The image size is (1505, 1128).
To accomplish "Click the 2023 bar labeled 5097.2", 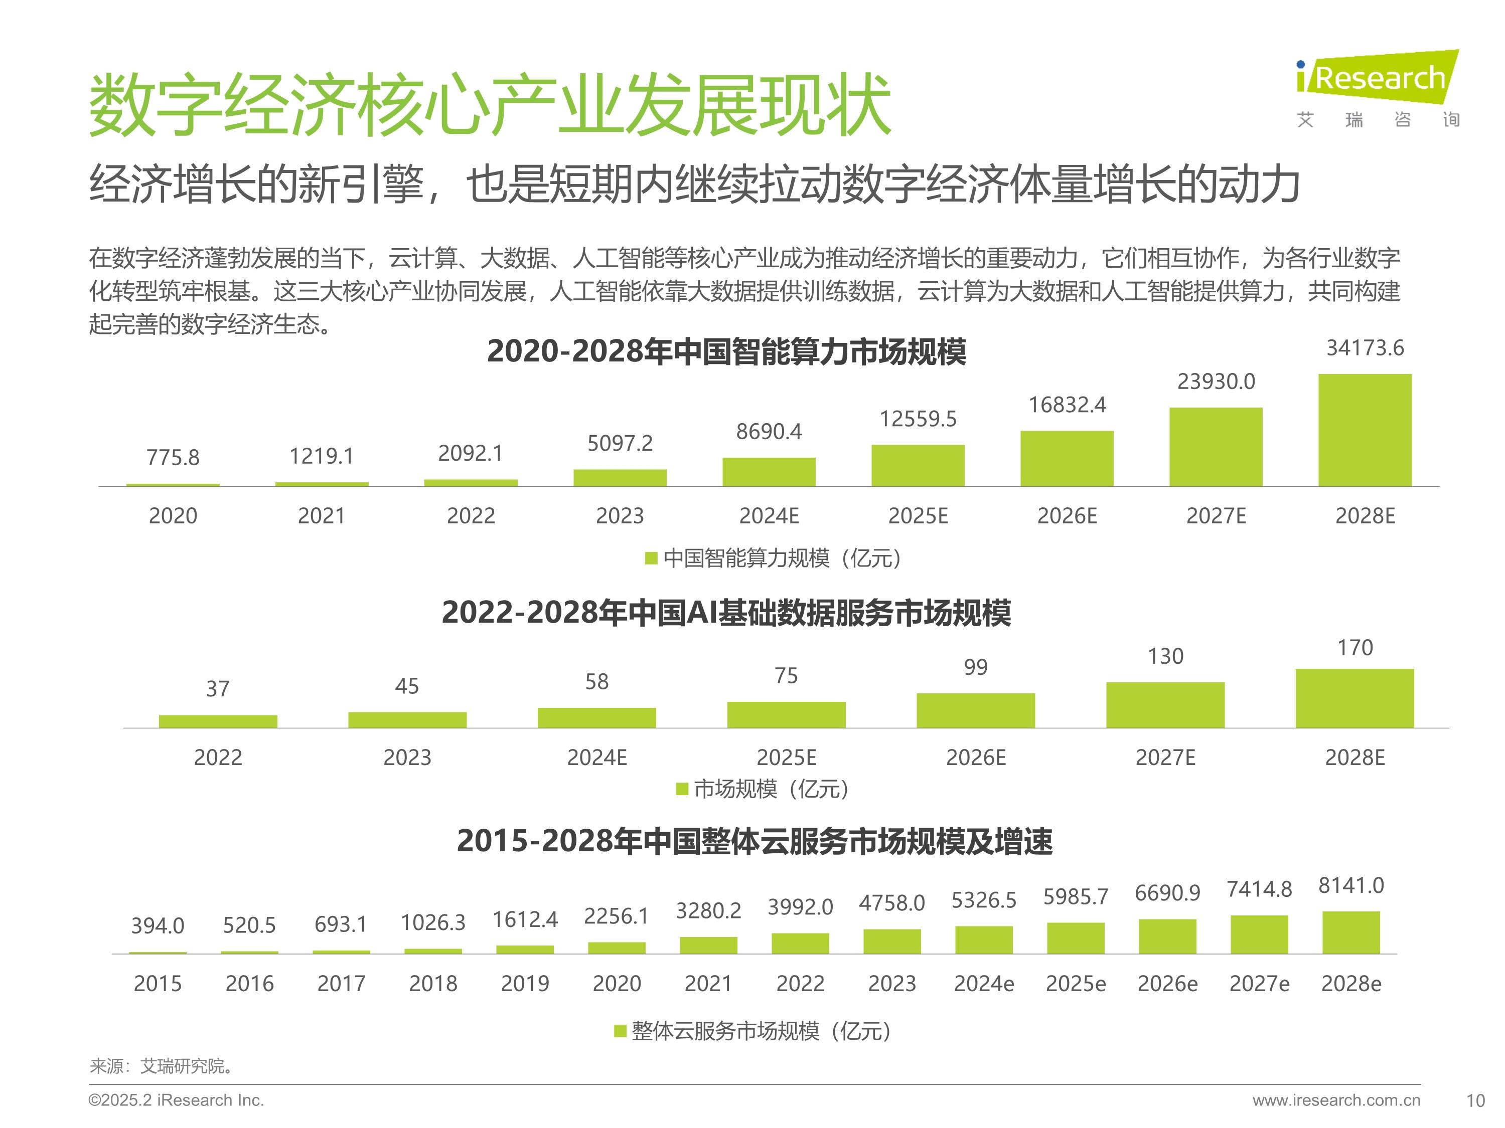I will [620, 477].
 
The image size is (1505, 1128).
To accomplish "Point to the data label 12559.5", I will [918, 419].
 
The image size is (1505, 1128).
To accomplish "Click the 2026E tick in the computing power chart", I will [1067, 516].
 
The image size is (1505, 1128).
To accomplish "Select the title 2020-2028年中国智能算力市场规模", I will [726, 352].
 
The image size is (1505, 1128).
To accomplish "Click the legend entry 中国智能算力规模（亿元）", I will [774, 558].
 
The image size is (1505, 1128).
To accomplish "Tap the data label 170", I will [1354, 648].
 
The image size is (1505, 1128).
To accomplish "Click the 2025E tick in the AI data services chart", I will [787, 758].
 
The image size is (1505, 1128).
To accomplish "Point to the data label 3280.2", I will [708, 910].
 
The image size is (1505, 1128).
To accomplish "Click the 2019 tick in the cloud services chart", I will [525, 983].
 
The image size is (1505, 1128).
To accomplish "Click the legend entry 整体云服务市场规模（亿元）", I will [753, 1031].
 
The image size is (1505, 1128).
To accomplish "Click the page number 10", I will [1475, 1101].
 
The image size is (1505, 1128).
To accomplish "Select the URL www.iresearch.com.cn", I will [1336, 1100].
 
